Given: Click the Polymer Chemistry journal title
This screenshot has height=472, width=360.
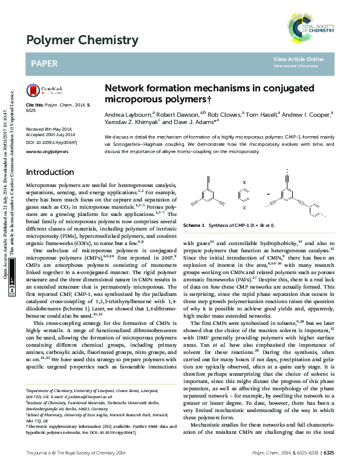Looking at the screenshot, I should click(82, 41).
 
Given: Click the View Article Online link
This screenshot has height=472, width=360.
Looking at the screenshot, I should click(298, 59).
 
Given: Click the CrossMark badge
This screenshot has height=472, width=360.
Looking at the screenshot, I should click(43, 90).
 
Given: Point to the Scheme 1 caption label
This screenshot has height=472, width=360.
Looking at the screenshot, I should click(194, 225).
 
